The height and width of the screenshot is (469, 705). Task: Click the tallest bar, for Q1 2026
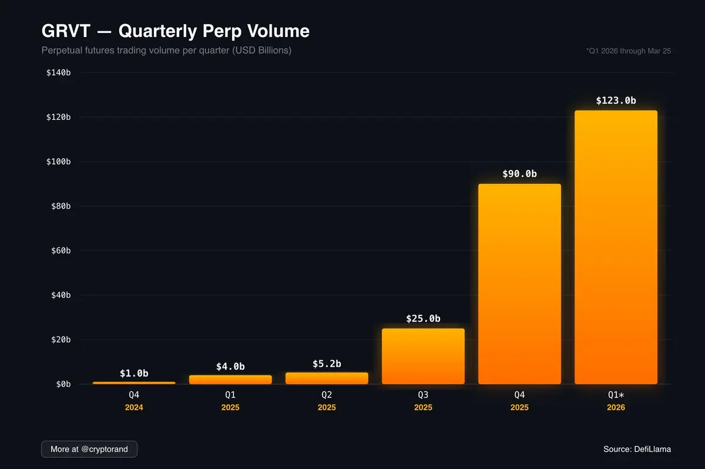[616, 247]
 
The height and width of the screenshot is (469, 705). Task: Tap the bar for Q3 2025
[423, 356]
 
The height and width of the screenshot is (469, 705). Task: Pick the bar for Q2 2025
[327, 378]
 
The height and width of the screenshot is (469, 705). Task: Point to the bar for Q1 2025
[230, 380]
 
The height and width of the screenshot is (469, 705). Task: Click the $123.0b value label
[616, 101]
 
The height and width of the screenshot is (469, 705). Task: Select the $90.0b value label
[519, 174]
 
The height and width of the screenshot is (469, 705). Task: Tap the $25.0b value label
[423, 319]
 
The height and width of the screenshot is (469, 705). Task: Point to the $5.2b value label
[327, 364]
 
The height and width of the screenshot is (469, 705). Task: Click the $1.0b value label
[134, 373]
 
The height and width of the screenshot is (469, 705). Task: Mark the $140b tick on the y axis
[59, 73]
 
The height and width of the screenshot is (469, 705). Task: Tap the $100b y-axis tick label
[59, 162]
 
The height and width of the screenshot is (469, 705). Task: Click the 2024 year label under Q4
[134, 407]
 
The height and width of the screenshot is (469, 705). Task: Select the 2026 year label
[616, 407]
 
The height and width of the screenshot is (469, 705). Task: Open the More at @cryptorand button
[89, 449]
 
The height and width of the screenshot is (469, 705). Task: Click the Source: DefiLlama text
[637, 449]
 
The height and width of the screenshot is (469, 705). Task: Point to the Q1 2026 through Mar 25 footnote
[628, 51]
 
